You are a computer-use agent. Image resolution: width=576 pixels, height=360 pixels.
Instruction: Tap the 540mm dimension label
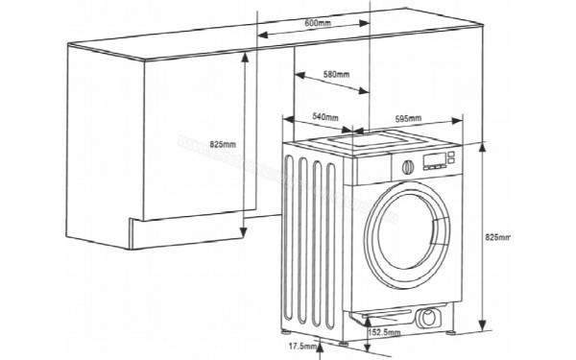325,117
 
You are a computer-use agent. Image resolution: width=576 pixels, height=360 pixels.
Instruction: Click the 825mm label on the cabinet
221,144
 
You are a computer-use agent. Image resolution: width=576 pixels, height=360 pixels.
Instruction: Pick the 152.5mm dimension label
385,333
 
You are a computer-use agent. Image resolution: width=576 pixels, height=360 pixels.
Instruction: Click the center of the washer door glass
419,231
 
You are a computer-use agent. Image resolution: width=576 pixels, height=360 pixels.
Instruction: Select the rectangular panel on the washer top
367,143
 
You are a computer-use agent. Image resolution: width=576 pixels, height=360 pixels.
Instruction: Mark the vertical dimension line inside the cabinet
246,144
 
